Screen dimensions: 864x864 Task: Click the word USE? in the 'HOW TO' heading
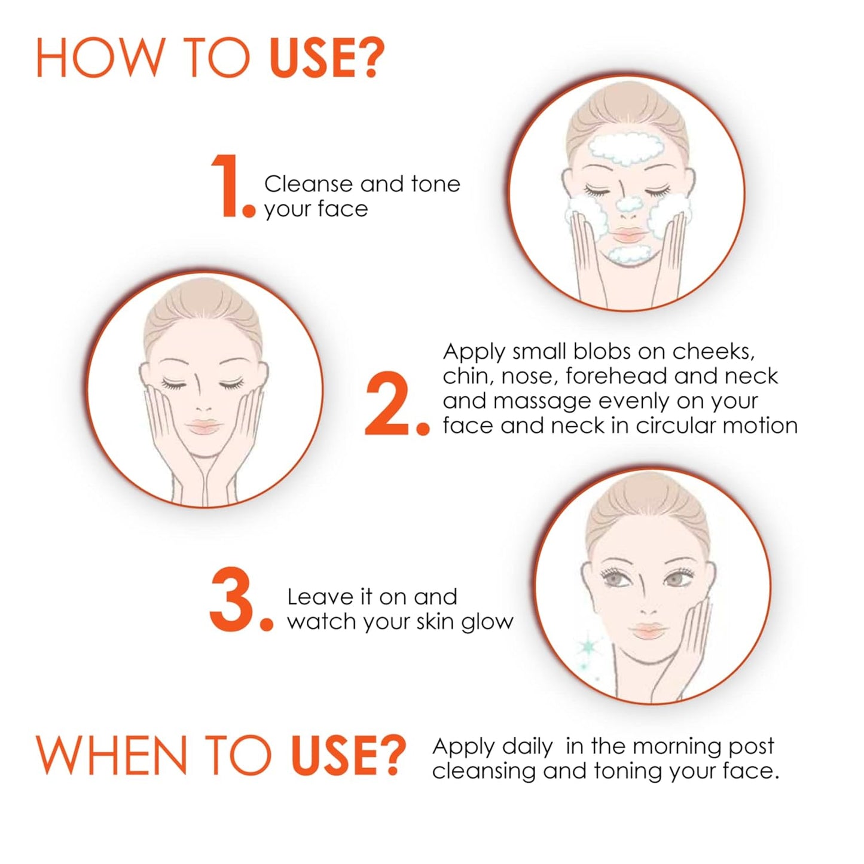(326, 59)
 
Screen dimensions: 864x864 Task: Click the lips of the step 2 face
(203, 426)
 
